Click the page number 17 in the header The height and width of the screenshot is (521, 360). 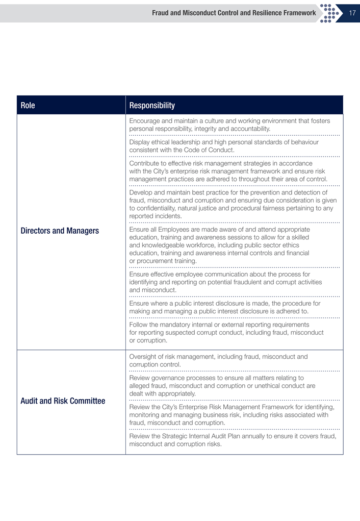tap(351, 13)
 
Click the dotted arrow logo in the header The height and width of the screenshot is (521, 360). tap(330, 13)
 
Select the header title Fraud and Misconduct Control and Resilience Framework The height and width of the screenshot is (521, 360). tap(234, 13)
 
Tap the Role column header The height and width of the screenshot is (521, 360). tap(28, 106)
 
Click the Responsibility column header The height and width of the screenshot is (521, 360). tap(152, 106)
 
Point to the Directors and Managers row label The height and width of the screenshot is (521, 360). tap(60, 231)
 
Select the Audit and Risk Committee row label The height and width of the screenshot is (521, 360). tap(63, 401)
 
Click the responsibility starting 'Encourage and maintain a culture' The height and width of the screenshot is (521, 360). tap(229, 125)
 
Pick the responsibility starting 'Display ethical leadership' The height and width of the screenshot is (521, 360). tap(224, 146)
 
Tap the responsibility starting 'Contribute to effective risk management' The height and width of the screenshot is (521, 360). tap(232, 171)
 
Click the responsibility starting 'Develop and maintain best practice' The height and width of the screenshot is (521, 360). tap(233, 204)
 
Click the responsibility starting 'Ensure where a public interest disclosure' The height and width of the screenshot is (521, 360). tap(225, 307)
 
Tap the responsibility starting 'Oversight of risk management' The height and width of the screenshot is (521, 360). tap(218, 361)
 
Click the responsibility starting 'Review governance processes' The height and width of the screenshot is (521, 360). tap(222, 386)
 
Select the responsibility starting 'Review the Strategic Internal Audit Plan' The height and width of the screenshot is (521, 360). tap(233, 440)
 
